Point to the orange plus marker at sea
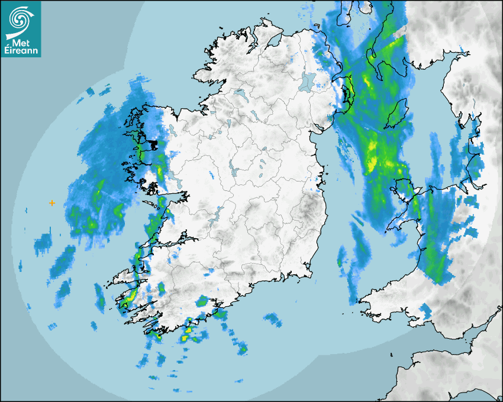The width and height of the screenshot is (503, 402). (52, 203)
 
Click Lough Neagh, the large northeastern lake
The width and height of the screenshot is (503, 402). (307, 80)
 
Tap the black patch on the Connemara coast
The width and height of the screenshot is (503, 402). (155, 144)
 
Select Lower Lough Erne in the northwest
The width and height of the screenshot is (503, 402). (239, 93)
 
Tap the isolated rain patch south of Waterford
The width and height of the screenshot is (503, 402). (273, 319)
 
